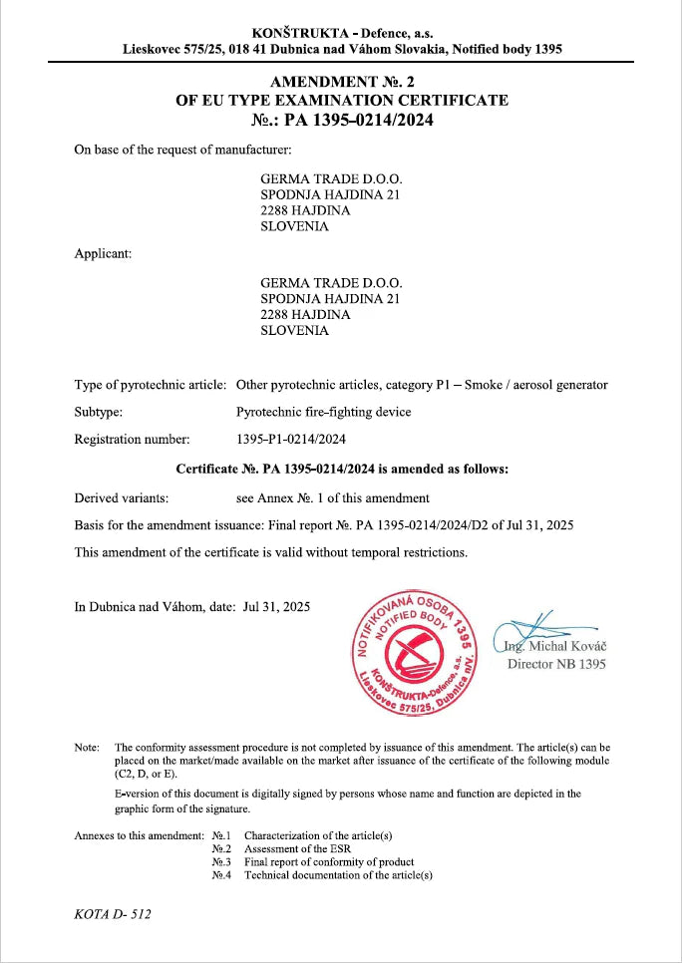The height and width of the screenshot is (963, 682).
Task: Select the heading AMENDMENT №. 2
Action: point(342,82)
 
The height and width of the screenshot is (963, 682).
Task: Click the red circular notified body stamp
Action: point(412,653)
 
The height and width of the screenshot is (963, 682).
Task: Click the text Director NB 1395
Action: point(556,664)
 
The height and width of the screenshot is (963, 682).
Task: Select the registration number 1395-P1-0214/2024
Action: point(291,438)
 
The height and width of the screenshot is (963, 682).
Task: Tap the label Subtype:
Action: point(99,412)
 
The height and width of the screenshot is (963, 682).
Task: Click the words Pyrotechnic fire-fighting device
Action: point(323,412)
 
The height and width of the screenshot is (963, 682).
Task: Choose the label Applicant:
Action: point(104,253)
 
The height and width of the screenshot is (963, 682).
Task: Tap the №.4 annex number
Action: point(221,875)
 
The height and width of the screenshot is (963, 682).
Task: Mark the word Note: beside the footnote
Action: point(87,747)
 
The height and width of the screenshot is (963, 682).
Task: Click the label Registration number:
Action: point(132,438)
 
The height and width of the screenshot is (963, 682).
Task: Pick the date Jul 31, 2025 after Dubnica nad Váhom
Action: point(277,607)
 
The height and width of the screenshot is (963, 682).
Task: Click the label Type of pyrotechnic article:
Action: point(151,385)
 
